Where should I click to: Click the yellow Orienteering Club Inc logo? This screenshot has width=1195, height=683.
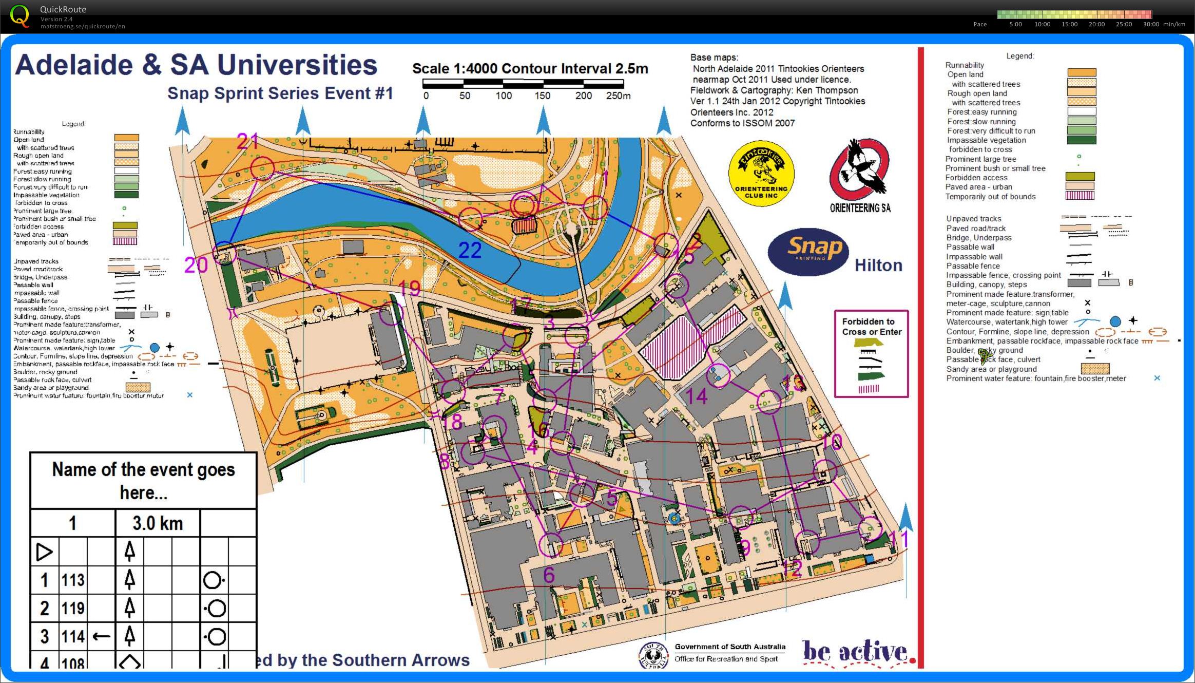pos(761,173)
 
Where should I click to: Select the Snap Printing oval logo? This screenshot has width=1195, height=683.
pos(808,251)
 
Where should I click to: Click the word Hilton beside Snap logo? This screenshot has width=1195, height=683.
pos(878,265)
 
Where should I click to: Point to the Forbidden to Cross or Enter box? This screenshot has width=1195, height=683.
pos(871,353)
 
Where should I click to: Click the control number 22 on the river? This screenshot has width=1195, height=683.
pos(470,250)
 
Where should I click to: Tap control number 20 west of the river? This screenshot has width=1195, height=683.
pos(196,265)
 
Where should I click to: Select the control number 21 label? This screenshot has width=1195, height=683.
pos(247,141)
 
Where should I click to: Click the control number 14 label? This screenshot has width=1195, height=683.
pos(697,396)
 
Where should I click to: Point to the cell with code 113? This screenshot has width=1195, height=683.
pos(73,580)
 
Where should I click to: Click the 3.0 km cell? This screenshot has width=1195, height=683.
pos(158,523)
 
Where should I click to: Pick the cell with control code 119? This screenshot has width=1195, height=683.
pos(73,608)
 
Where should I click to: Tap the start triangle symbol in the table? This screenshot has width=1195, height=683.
pos(44,552)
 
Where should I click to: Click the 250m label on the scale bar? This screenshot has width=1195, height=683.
pos(618,96)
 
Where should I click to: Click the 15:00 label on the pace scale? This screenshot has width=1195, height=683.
pos(1069,24)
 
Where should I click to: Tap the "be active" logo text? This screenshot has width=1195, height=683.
pos(855,652)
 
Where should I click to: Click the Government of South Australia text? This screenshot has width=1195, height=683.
pos(729,647)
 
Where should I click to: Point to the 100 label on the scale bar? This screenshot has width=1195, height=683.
pos(504,96)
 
